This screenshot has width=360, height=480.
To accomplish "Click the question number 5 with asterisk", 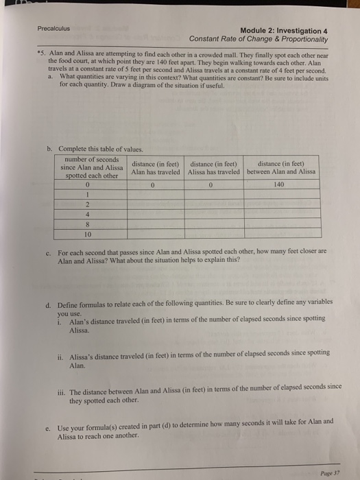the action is (x=42, y=53).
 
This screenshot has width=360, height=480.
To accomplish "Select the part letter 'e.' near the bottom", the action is (x=46, y=421).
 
